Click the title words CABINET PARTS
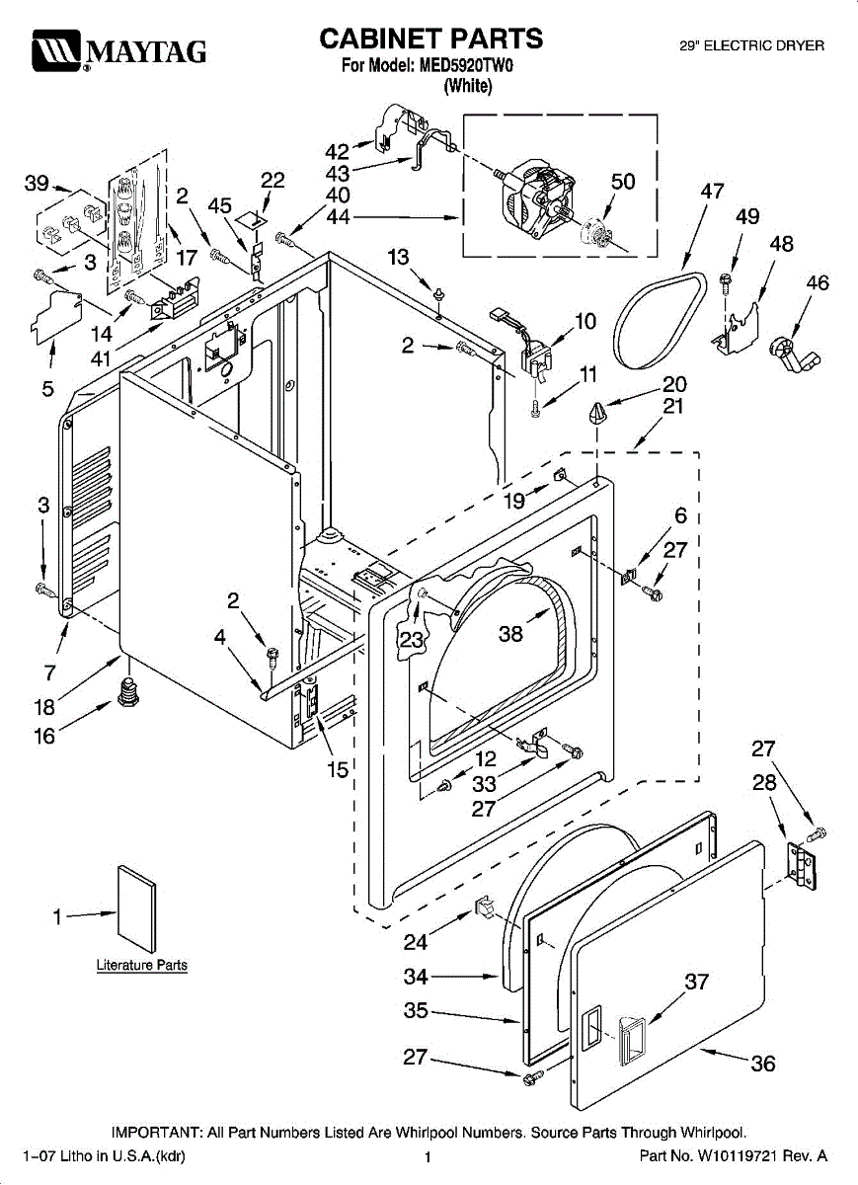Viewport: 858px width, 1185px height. click(431, 39)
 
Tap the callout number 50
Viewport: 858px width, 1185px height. click(623, 182)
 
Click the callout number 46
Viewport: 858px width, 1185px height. click(818, 284)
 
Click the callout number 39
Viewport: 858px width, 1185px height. click(37, 183)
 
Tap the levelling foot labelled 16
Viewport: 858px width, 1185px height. click(126, 692)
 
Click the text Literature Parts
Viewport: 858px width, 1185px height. click(141, 965)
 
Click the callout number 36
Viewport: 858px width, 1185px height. click(762, 1064)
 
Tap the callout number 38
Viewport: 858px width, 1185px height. click(510, 634)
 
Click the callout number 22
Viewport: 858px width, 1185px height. click(273, 180)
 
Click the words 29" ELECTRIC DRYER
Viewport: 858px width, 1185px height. click(752, 46)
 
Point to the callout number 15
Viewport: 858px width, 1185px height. click(339, 768)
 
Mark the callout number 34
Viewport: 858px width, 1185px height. click(416, 977)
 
